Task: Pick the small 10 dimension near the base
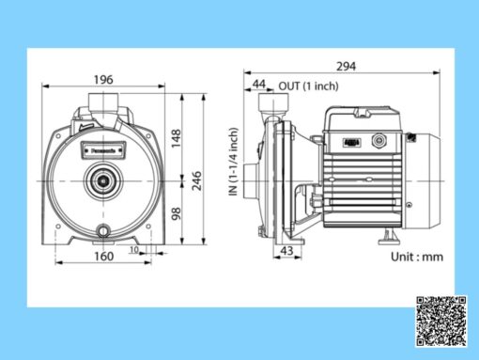tap(134, 251)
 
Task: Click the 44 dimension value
tap(258, 86)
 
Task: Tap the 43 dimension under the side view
tap(288, 253)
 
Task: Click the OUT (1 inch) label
tap(308, 86)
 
